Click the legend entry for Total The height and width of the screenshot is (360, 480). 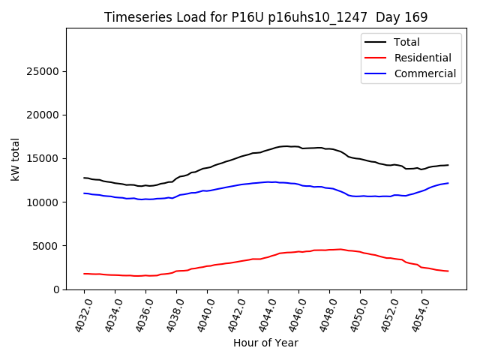406,42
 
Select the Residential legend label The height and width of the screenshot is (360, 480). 422,58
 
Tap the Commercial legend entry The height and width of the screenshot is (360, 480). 424,73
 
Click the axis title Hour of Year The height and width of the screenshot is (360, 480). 265,343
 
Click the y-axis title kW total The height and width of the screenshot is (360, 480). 16,159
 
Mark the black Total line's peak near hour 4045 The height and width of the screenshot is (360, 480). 285,146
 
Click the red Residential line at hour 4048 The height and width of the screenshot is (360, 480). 330,250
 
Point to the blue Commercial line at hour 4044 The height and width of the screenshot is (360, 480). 268,181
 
